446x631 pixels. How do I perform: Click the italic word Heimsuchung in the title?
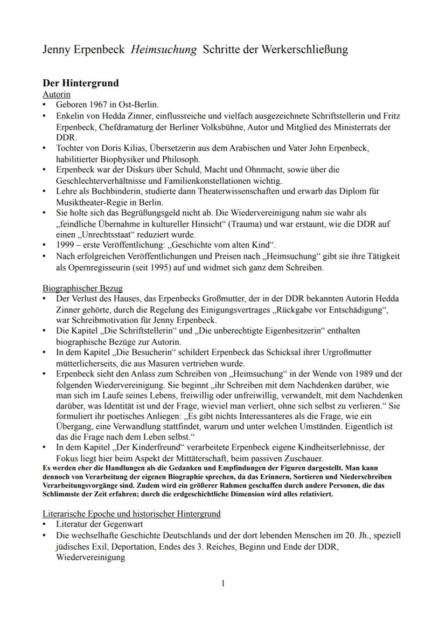click(x=164, y=50)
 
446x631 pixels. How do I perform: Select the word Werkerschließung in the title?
click(x=305, y=50)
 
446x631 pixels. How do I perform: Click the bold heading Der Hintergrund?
click(x=80, y=84)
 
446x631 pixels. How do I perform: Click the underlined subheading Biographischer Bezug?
click(x=82, y=288)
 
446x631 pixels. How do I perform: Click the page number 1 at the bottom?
click(x=223, y=583)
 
